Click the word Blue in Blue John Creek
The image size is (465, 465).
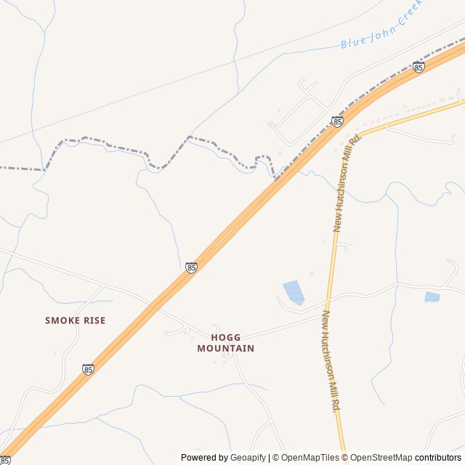click(x=354, y=42)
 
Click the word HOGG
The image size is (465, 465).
click(x=225, y=338)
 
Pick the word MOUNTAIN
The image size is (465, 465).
click(x=226, y=349)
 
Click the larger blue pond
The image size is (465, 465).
click(x=294, y=291)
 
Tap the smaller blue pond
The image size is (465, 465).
click(x=432, y=297)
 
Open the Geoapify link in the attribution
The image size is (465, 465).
click(x=248, y=458)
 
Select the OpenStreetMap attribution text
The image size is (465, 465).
click(x=382, y=458)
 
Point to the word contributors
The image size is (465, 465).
click(x=438, y=458)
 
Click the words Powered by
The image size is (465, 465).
click(x=204, y=458)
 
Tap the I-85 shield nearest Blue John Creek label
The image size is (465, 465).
click(x=418, y=68)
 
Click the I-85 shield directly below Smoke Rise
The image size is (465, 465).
click(x=88, y=369)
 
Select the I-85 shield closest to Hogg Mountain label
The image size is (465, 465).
click(x=191, y=268)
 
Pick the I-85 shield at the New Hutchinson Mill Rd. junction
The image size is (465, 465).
click(x=337, y=122)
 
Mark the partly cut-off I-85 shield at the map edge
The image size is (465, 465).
click(x=4, y=460)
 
